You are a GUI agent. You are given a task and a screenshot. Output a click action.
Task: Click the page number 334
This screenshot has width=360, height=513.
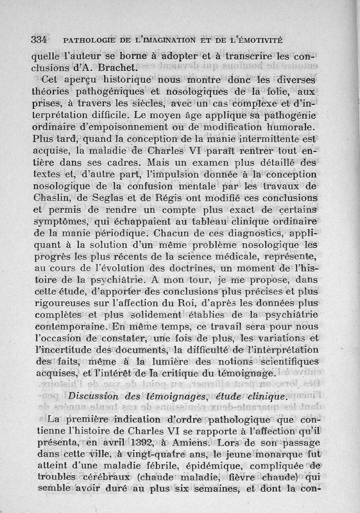(x=40, y=39)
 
